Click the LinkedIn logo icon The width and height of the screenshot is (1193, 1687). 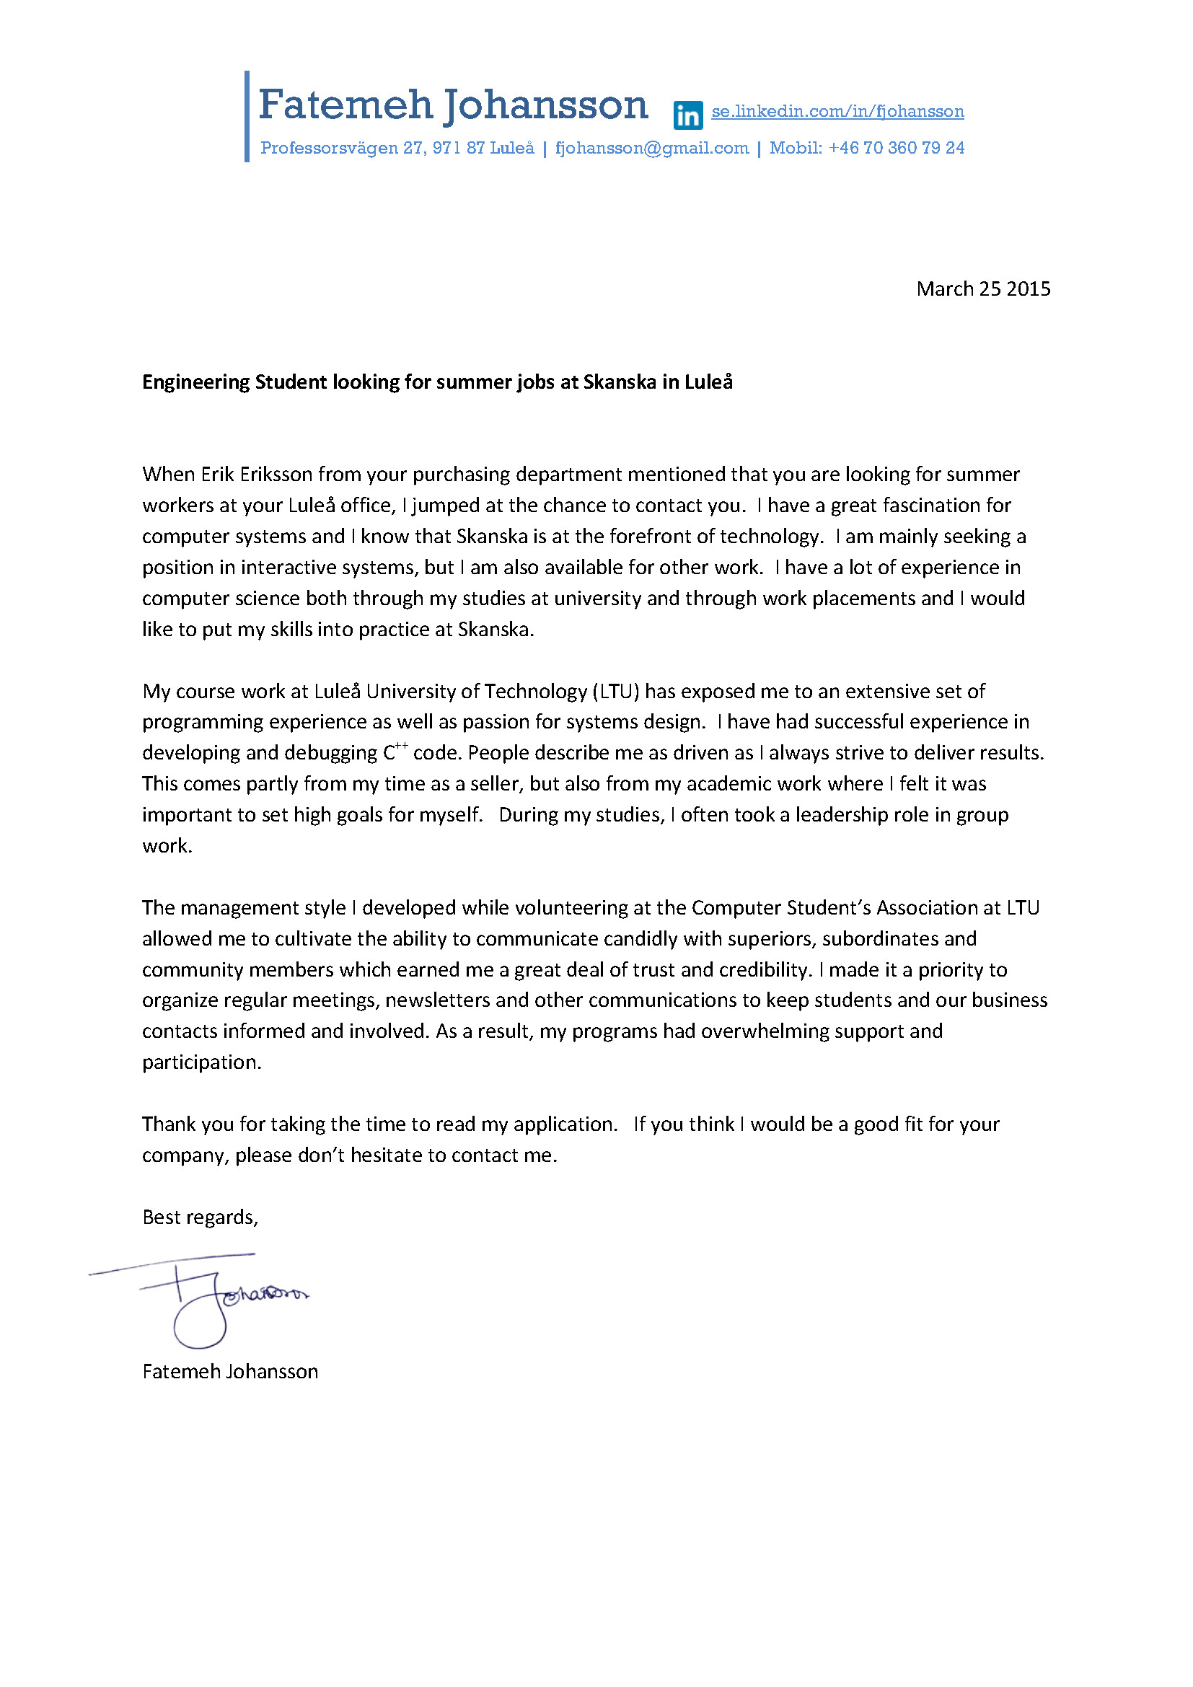point(687,115)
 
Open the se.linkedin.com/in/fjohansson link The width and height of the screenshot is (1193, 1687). point(837,111)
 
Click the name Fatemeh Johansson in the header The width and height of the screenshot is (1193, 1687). point(452,105)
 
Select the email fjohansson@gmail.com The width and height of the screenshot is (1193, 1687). point(651,148)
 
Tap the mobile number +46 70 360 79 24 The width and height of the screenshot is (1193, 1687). point(897,148)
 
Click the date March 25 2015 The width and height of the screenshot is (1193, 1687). point(983,288)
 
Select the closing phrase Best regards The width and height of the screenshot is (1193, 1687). point(199,1217)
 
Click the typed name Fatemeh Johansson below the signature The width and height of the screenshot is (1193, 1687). point(230,1372)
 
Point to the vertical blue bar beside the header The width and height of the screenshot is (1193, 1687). point(247,116)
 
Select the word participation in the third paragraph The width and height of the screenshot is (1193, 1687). point(201,1062)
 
